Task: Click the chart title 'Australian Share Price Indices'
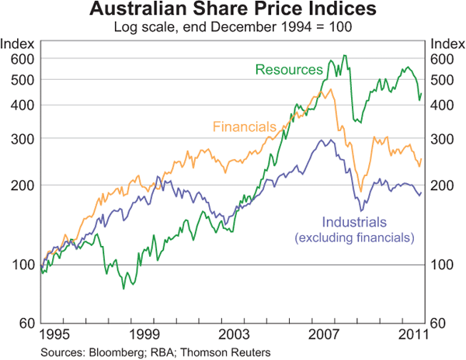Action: [x=233, y=11]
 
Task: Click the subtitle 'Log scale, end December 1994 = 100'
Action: [x=233, y=27]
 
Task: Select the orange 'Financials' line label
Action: [x=244, y=126]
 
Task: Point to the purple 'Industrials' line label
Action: [x=354, y=221]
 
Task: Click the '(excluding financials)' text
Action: [x=354, y=237]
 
